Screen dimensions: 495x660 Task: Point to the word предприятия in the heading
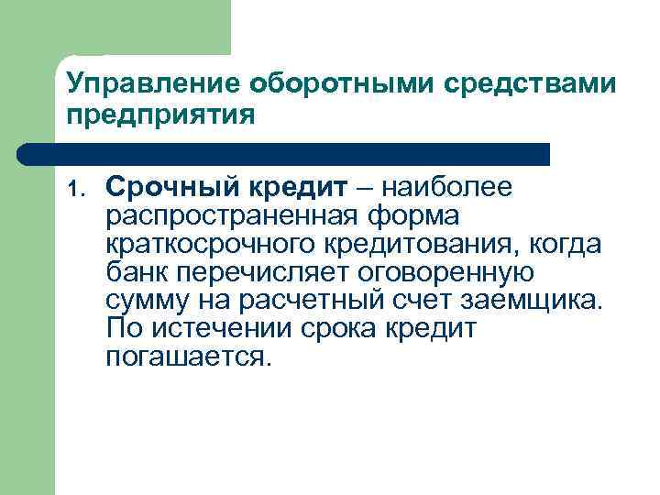(x=157, y=117)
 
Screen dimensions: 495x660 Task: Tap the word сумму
(x=143, y=301)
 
